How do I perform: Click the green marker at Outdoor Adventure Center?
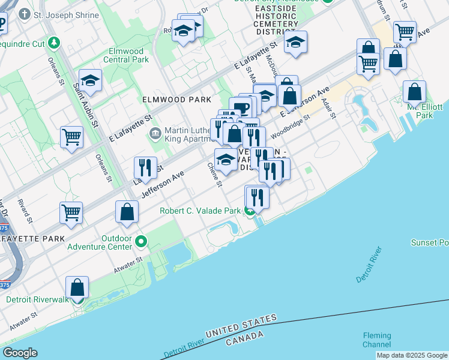[x=141, y=242]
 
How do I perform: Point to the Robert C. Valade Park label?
[x=199, y=211]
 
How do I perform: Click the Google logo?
[x=20, y=353]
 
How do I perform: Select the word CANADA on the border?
[x=246, y=341]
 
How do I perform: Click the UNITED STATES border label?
[x=241, y=325]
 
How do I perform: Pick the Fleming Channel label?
[x=376, y=340]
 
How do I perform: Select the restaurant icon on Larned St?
[x=145, y=167]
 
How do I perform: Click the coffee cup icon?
[x=242, y=108]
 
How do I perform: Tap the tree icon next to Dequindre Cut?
[x=54, y=43]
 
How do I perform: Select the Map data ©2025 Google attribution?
[x=412, y=355]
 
